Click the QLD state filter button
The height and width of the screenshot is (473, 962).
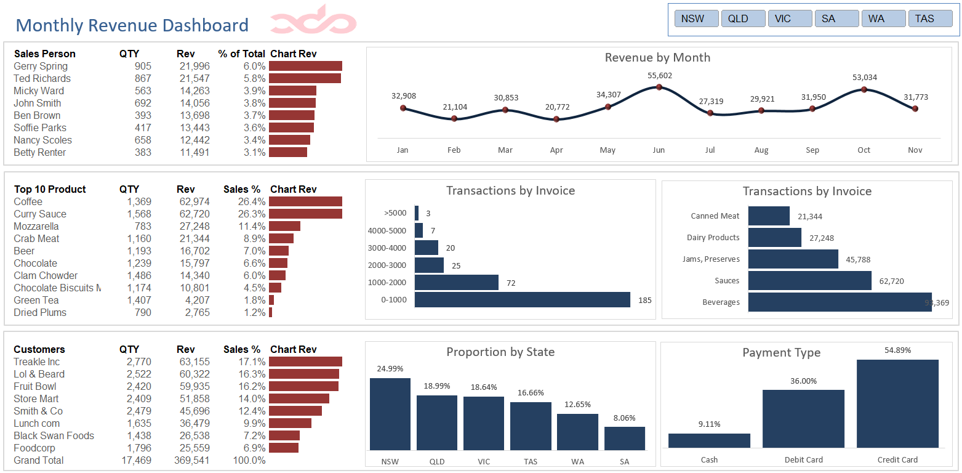coord(743,18)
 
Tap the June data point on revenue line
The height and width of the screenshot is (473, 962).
coord(659,87)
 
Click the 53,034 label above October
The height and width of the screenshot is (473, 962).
coord(864,77)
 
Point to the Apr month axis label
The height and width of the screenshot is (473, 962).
coord(556,150)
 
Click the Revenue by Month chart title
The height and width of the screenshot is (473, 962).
coord(657,57)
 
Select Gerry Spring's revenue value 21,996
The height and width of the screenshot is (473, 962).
coord(194,66)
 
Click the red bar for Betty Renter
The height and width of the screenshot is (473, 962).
coord(287,152)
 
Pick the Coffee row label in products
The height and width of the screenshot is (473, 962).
coord(28,201)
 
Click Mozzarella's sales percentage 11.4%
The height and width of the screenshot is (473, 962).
coord(252,226)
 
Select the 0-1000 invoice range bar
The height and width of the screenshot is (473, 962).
coord(522,300)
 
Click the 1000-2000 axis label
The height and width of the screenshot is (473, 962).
coord(388,283)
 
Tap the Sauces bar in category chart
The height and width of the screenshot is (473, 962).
coord(809,281)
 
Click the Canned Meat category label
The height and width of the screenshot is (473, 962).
coord(715,216)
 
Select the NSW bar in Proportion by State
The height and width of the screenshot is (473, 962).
coord(390,414)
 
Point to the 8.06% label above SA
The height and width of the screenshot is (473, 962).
coord(624,418)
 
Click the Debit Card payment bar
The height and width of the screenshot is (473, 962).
coord(803,419)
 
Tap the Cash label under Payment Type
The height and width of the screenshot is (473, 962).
coord(709,459)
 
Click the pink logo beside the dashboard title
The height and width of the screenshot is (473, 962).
coord(313,21)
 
